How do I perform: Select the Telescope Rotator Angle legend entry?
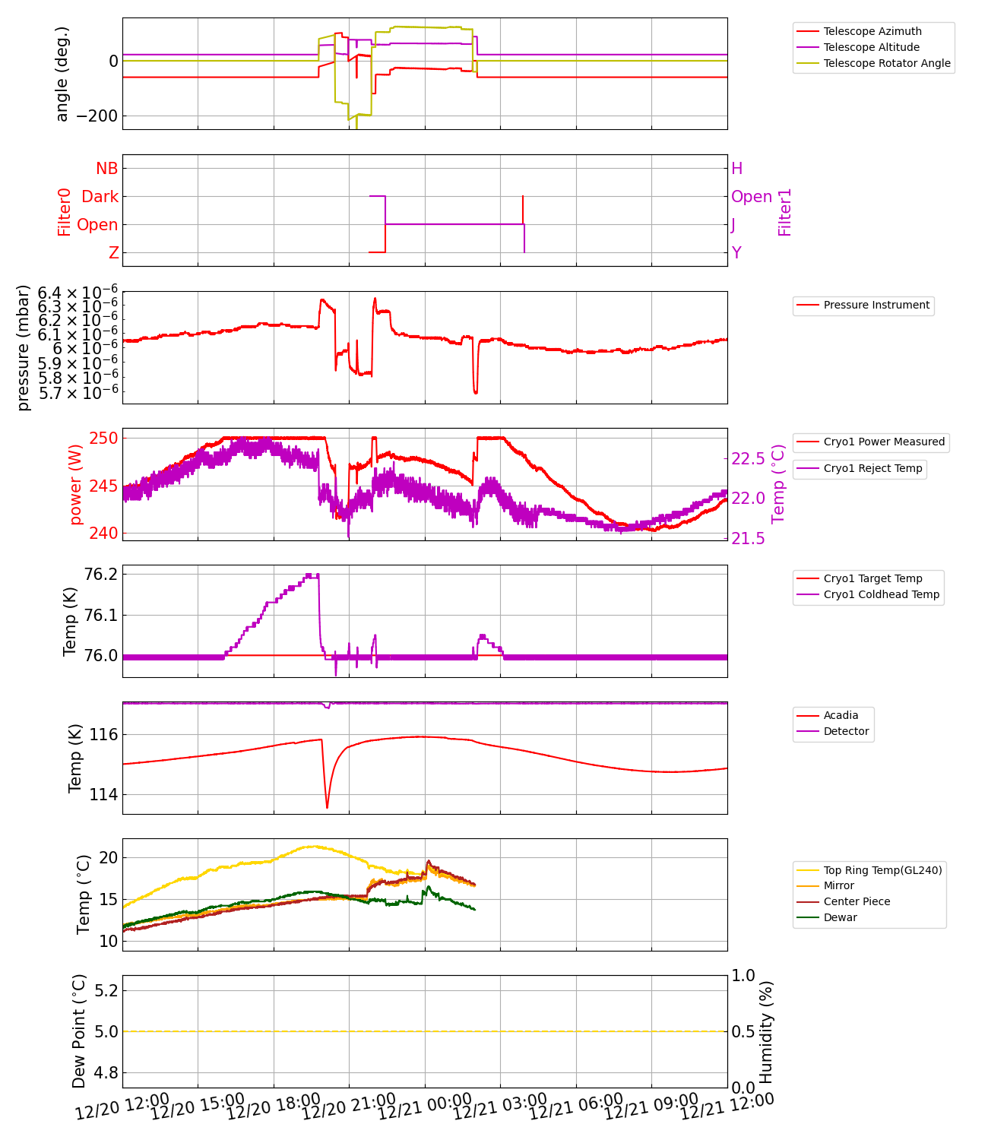886,63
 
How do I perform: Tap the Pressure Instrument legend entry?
876,305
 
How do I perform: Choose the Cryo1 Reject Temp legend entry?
872,468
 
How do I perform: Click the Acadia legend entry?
841,715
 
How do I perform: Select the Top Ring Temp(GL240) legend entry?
882,870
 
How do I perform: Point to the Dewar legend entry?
840,917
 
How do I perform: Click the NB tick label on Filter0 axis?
107,169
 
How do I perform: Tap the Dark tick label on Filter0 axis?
100,197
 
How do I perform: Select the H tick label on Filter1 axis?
736,169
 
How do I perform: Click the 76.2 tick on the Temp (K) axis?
100,574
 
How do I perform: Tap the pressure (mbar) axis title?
24,347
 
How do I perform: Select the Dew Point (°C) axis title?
79,1031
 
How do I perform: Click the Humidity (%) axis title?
766,1031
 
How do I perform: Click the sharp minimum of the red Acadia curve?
328,807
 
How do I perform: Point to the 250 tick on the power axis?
104,439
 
